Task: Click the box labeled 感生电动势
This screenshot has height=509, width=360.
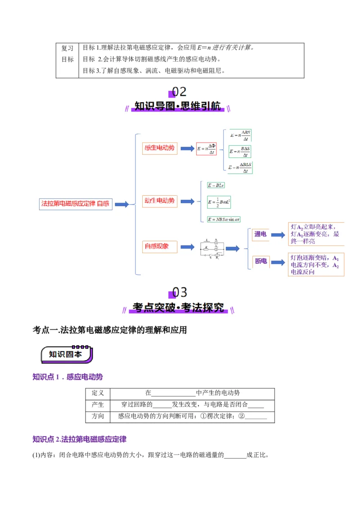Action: (x=160, y=148)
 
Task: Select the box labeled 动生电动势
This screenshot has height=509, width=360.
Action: (x=160, y=201)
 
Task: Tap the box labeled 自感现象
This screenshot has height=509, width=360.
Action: (x=157, y=246)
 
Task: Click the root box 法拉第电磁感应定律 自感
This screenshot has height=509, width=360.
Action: (x=76, y=204)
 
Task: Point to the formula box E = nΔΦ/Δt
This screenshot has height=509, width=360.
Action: (x=207, y=148)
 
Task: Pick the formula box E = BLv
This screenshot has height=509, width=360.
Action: (x=216, y=185)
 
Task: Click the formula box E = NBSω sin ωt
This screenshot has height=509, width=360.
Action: (x=224, y=219)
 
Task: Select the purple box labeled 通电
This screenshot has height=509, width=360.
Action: (x=260, y=234)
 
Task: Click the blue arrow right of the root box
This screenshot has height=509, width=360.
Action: (x=121, y=204)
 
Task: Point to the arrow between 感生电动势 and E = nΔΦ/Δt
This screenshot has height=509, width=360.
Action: (x=187, y=148)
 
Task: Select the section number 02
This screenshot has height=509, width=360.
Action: (x=178, y=92)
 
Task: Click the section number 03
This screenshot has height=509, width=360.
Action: (x=179, y=293)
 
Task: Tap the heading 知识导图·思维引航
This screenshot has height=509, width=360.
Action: (x=178, y=107)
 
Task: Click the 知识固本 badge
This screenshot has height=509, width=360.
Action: (x=67, y=354)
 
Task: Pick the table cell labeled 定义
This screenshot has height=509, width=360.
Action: (x=98, y=393)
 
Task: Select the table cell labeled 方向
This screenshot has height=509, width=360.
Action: (x=98, y=416)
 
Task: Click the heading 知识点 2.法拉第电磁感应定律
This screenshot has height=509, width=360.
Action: (x=80, y=439)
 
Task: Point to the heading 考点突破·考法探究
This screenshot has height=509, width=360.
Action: (x=179, y=308)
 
